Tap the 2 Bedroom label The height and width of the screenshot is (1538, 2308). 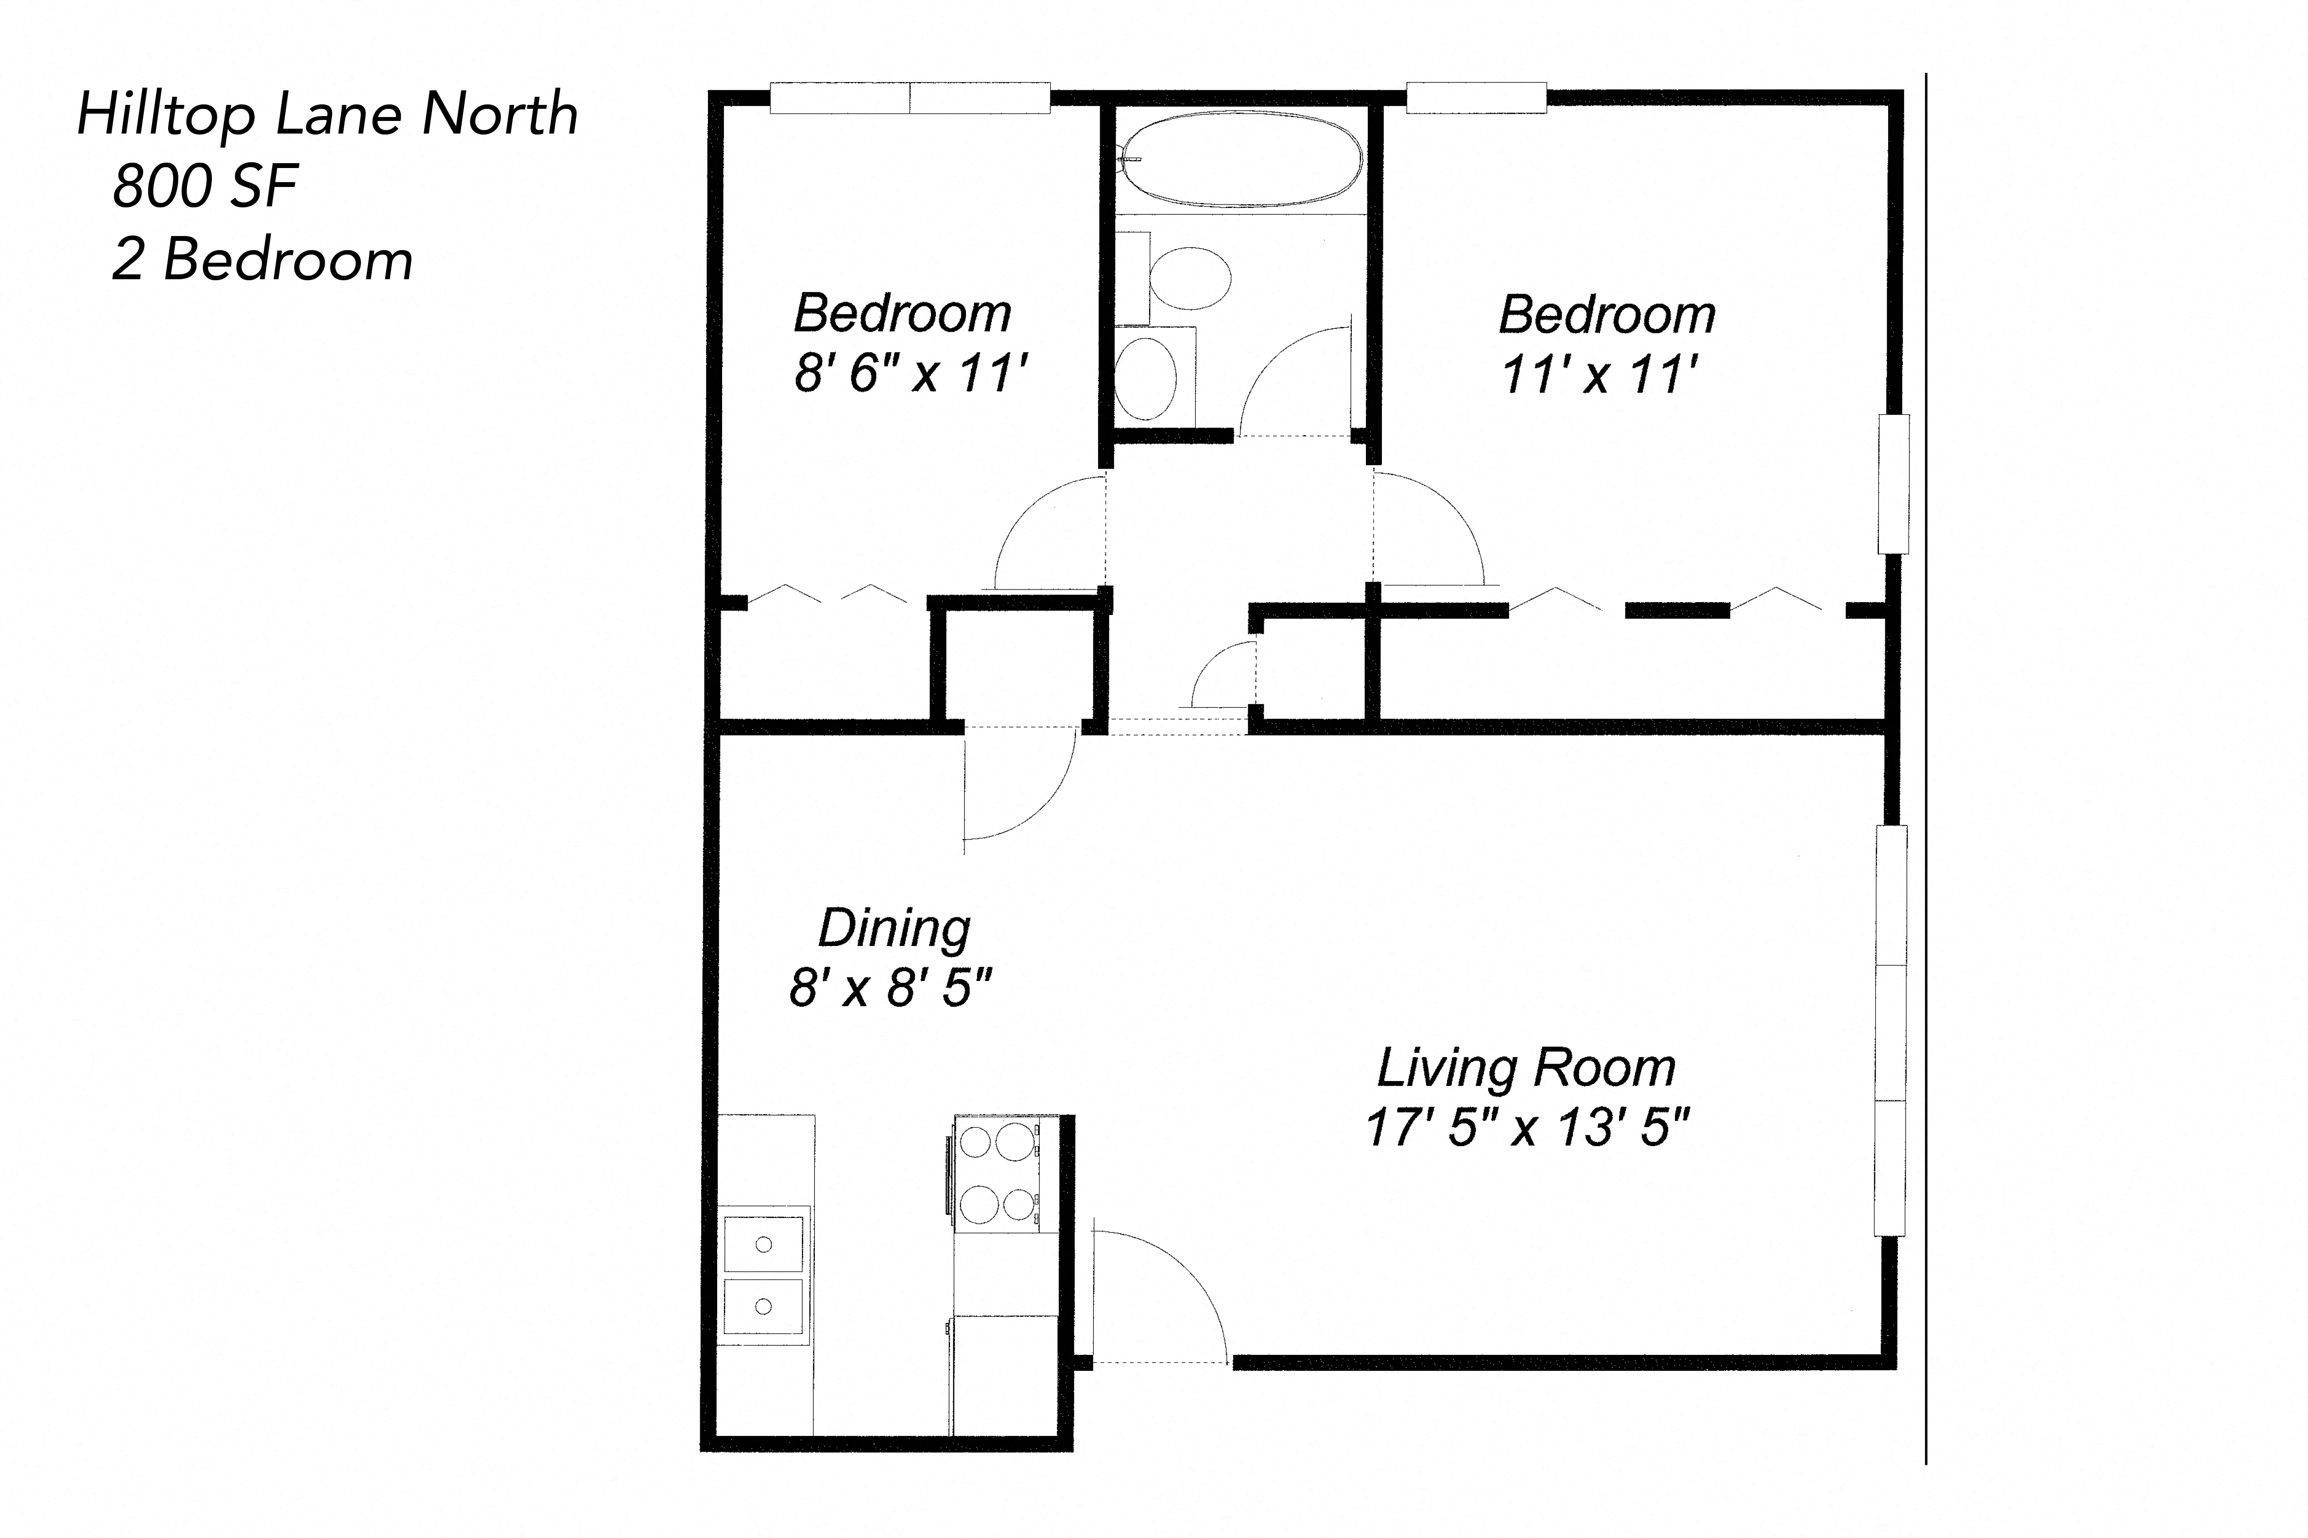(262, 261)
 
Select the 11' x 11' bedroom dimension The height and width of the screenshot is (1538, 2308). (1600, 375)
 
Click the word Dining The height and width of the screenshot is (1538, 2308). (894, 928)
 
